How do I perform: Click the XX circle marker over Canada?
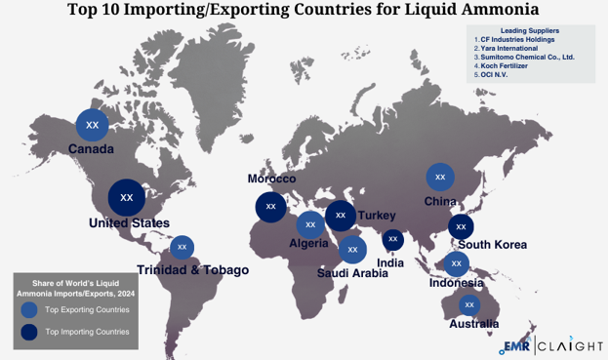click(x=93, y=125)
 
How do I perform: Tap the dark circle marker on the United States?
click(x=126, y=197)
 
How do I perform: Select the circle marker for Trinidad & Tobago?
click(x=182, y=248)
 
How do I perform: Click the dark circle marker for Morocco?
click(x=270, y=207)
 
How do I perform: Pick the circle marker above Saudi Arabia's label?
click(x=352, y=250)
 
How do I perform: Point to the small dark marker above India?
click(x=392, y=239)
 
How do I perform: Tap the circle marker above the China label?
click(x=440, y=177)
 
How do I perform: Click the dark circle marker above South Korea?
click(x=461, y=226)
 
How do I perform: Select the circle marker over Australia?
click(x=469, y=304)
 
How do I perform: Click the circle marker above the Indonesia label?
click(x=455, y=263)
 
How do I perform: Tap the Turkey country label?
click(x=376, y=215)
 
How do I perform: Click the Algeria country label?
click(x=308, y=243)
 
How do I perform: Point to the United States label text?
click(x=129, y=223)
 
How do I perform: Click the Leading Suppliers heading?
click(x=531, y=30)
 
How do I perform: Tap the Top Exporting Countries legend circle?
click(x=29, y=309)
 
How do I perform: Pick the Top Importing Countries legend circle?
click(x=29, y=332)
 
